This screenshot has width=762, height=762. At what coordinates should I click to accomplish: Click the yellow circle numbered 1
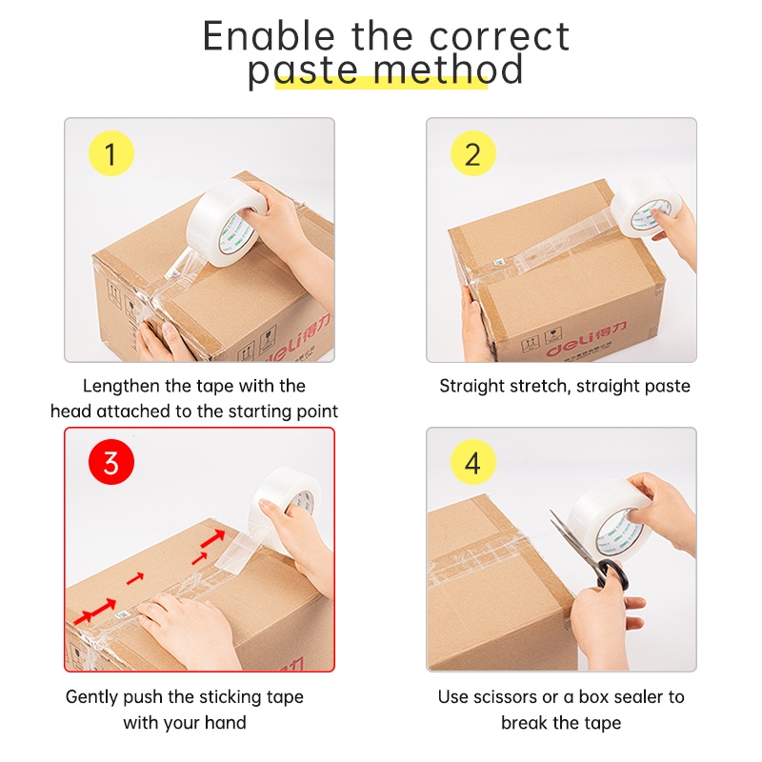(110, 154)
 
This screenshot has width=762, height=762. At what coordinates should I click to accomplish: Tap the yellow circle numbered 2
(473, 154)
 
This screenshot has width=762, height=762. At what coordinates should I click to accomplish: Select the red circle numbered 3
(110, 464)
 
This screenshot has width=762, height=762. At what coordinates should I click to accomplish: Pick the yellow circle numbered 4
(473, 464)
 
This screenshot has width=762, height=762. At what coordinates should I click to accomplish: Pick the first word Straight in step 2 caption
(473, 386)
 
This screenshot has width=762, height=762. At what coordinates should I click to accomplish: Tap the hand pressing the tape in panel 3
(190, 624)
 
